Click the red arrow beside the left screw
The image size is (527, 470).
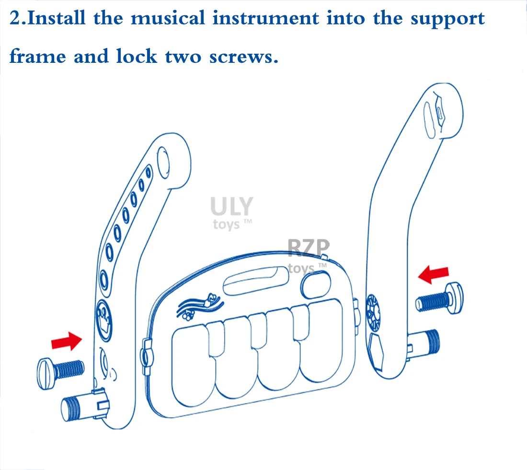(67, 341)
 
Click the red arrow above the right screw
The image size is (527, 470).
(434, 274)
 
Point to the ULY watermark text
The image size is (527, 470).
(231, 207)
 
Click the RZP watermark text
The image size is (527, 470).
(309, 248)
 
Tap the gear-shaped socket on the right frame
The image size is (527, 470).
(372, 312)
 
